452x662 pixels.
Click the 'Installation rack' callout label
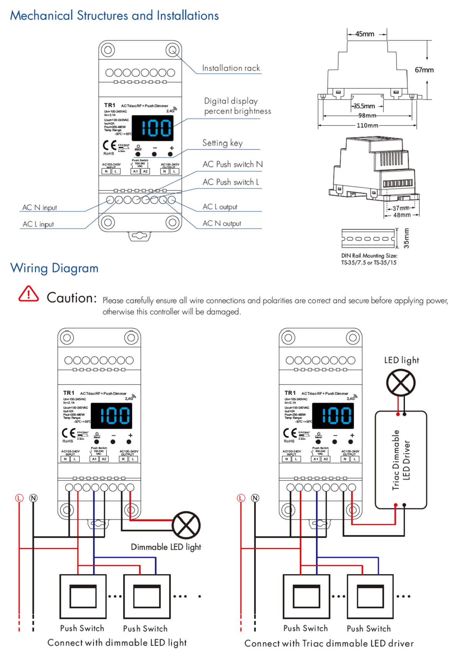click(x=231, y=68)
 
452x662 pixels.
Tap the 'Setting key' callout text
click(x=223, y=143)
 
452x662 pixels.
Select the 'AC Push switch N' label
click(x=233, y=164)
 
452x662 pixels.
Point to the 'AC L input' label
click(x=38, y=224)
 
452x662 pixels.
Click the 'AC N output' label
click(x=222, y=224)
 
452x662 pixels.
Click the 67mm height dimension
click(x=424, y=70)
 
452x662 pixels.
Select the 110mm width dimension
click(x=367, y=125)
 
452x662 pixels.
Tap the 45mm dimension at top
click(x=365, y=34)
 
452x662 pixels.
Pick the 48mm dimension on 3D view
click(x=402, y=215)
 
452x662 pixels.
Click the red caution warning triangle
click(x=29, y=294)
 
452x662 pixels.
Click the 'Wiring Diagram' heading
click(x=54, y=268)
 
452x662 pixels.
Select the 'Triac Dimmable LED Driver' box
click(x=401, y=460)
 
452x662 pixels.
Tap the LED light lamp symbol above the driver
click(x=401, y=383)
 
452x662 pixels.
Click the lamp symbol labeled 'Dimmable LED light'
click(x=186, y=525)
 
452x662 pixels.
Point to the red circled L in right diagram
click(x=241, y=498)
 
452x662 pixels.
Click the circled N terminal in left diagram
click(x=34, y=498)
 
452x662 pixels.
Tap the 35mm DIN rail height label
click(x=406, y=238)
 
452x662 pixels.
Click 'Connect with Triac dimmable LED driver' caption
click(x=329, y=643)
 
